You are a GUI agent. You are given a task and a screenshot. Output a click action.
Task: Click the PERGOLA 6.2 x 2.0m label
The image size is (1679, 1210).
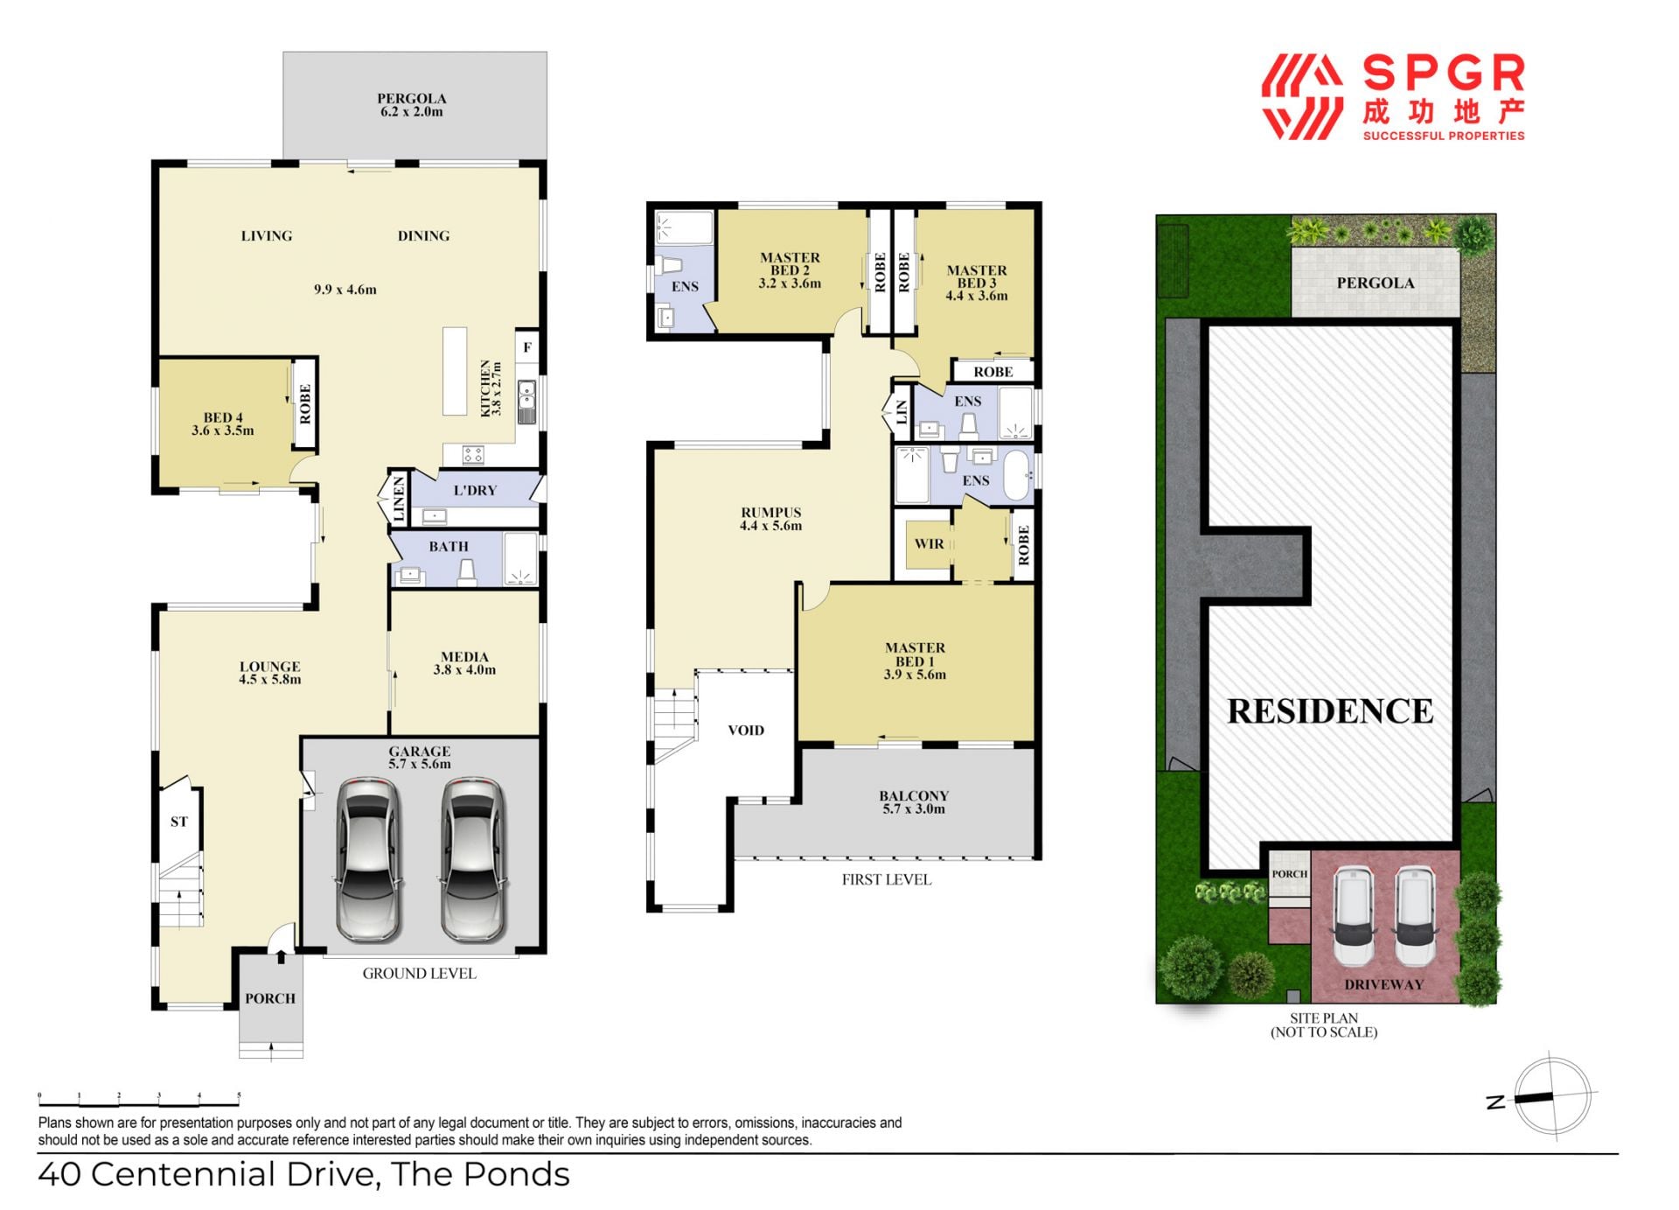click(411, 105)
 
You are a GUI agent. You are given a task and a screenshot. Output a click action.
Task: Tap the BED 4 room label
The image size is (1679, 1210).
click(223, 424)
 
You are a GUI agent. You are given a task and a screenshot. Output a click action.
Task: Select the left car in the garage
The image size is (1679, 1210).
click(369, 859)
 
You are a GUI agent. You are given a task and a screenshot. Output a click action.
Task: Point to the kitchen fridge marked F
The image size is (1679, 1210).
click(527, 347)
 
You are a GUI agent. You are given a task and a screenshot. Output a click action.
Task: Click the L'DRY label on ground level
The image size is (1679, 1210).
click(475, 490)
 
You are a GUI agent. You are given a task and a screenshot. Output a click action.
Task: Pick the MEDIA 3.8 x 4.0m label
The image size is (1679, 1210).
click(464, 663)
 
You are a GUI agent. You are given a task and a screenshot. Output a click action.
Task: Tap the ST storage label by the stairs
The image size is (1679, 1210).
click(178, 822)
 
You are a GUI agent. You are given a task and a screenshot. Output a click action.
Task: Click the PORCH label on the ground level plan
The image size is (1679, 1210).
click(270, 998)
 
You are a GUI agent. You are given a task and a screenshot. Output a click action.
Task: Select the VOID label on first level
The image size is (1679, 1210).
click(746, 730)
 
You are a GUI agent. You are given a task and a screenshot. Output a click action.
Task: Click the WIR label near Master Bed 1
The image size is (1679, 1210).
click(929, 543)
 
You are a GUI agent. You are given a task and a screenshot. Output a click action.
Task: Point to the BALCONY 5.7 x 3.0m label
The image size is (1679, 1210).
click(914, 802)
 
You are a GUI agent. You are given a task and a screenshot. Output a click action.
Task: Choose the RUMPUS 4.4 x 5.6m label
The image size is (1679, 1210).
click(770, 519)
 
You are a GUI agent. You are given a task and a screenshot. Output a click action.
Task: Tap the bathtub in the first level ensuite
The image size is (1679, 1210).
click(1017, 475)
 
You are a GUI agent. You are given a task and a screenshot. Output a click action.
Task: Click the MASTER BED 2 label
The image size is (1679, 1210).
click(790, 270)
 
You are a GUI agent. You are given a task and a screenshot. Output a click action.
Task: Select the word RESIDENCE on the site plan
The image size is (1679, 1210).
click(1330, 711)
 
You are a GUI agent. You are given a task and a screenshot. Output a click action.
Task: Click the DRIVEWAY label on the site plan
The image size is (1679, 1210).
click(1383, 984)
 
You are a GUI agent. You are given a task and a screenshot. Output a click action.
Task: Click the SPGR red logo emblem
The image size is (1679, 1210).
click(1302, 97)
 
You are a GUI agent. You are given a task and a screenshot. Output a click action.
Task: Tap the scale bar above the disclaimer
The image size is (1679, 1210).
click(139, 1101)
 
